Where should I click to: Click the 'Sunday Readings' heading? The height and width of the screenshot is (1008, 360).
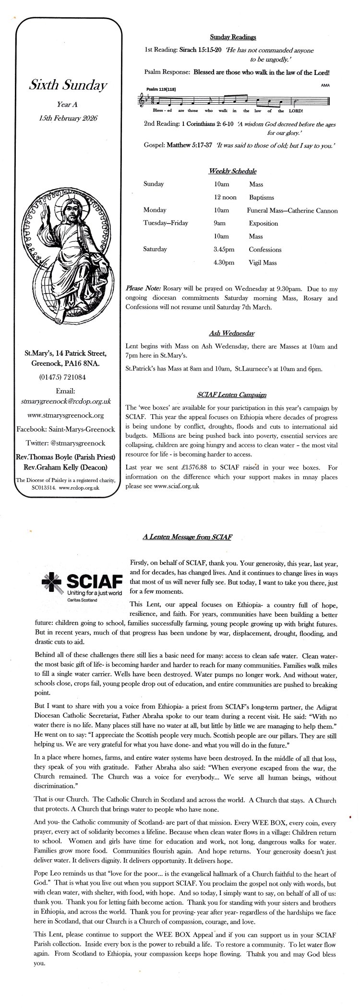(233, 37)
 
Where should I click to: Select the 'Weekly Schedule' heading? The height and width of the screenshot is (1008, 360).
(233, 171)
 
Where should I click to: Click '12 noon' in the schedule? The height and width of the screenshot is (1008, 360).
(225, 197)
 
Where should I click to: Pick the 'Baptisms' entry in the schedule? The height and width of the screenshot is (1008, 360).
(262, 197)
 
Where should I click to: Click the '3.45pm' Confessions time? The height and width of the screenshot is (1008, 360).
(224, 250)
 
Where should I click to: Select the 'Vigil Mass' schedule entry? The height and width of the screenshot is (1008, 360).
(263, 263)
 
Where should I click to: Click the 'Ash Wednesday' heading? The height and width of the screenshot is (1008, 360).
(232, 333)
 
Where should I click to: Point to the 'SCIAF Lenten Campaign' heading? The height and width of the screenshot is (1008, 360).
(232, 395)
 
